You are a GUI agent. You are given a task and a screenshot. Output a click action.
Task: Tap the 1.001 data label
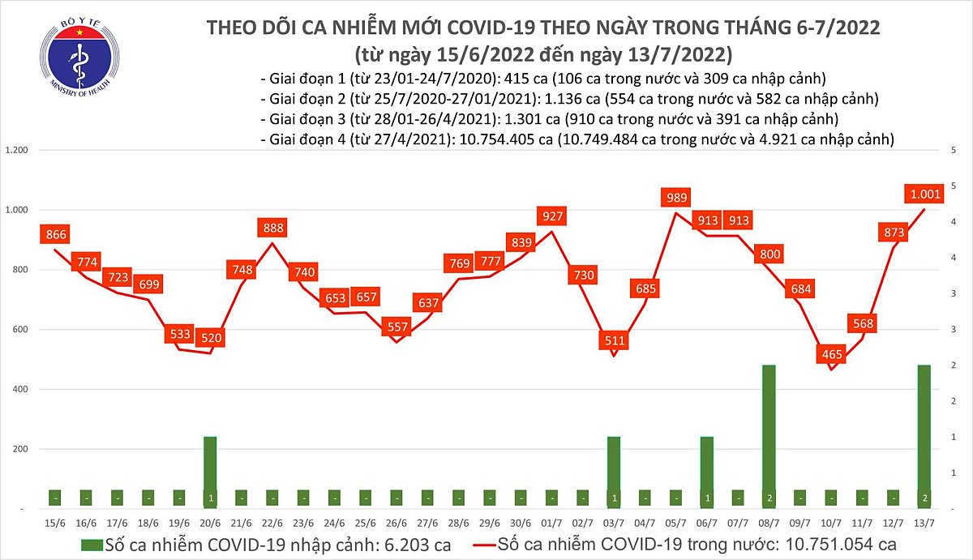(x=924, y=194)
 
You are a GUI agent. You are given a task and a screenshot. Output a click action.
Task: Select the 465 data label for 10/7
(x=831, y=354)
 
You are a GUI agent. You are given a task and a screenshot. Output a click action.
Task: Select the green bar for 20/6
(x=211, y=472)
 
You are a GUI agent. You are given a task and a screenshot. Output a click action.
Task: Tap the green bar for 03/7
(x=614, y=472)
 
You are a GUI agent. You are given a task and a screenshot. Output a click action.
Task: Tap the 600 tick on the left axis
(x=19, y=330)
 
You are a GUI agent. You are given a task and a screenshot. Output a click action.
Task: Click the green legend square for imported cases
(x=94, y=544)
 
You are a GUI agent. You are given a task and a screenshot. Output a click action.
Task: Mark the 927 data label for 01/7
(x=551, y=216)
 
